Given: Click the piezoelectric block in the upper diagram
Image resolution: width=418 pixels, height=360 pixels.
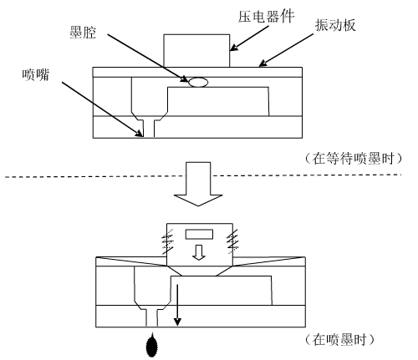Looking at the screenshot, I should pos(197,51).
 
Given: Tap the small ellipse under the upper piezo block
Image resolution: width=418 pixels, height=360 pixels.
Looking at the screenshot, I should pos(197,82).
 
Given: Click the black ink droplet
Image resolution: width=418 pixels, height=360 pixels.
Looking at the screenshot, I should pos(151,345).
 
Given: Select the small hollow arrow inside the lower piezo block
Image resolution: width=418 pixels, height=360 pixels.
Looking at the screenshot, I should pos(198,252).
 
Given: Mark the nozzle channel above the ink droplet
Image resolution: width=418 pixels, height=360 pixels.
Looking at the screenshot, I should pos(151,317).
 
